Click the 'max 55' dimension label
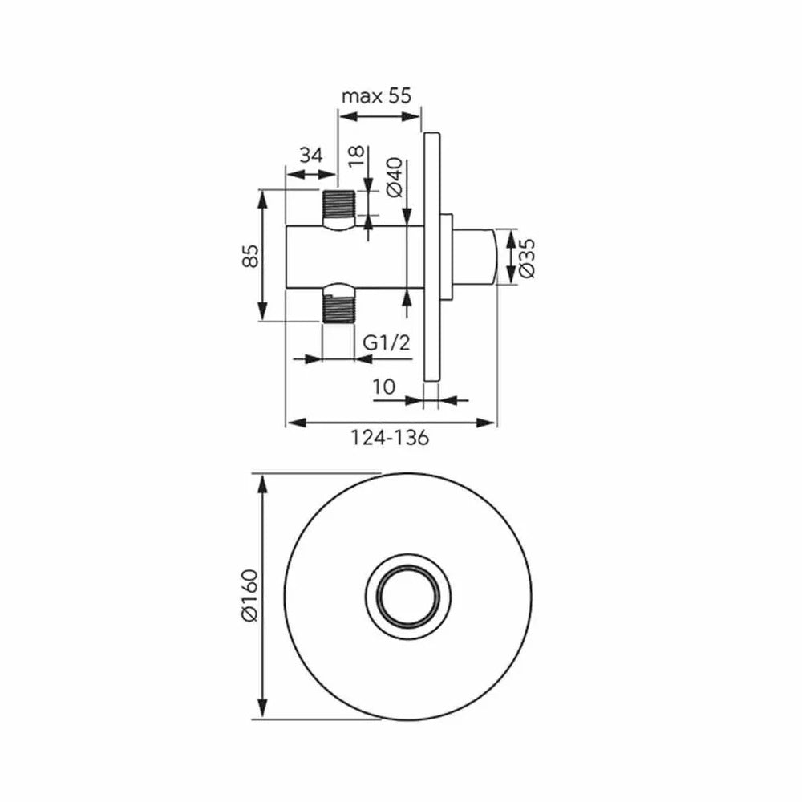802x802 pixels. click(376, 96)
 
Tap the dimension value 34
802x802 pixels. click(311, 155)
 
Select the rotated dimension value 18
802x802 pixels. click(357, 156)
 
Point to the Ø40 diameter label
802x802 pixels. click(395, 178)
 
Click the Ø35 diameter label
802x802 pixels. click(527, 258)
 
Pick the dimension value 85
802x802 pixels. click(250, 256)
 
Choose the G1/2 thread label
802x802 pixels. click(387, 342)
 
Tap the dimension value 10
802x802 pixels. click(383, 387)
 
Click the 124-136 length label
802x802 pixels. click(390, 438)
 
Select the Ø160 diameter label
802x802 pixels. click(250, 595)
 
